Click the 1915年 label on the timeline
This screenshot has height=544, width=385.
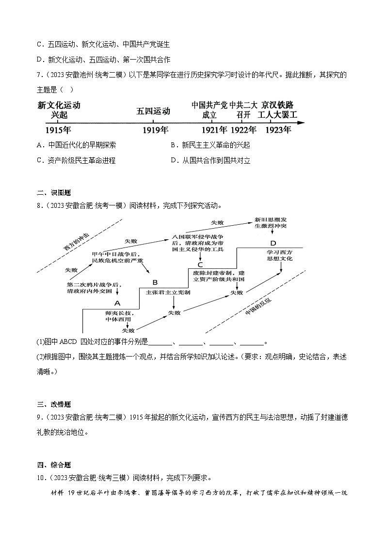pos(58,130)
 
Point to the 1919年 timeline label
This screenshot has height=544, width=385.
pos(155,130)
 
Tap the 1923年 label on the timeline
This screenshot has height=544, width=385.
pos(278,130)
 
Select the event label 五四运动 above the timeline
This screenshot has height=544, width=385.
pos(153,111)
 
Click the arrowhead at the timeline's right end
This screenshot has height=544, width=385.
pos(302,123)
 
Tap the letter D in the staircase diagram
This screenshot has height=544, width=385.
pos(273,243)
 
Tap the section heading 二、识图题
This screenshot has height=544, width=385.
pos(50,192)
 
